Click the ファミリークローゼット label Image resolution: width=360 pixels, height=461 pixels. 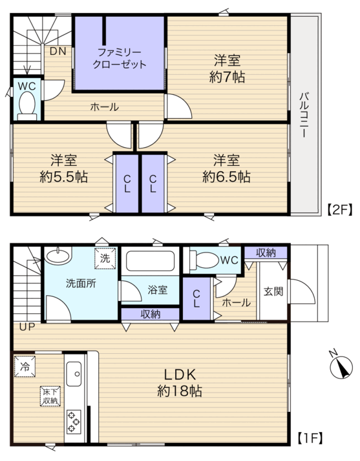119,59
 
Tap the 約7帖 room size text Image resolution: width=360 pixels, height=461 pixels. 227,77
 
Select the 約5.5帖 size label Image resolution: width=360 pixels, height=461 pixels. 63,177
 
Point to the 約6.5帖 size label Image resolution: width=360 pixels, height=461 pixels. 226,177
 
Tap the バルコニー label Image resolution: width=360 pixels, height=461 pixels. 304,115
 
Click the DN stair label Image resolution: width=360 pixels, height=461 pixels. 58,52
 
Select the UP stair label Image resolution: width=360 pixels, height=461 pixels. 27,327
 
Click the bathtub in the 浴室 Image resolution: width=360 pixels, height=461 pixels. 151,261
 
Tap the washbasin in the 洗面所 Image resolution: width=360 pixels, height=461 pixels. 58,255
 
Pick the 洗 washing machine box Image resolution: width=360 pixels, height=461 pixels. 105,258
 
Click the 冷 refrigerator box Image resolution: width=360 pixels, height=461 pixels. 25,366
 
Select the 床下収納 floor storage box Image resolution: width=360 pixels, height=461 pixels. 50,396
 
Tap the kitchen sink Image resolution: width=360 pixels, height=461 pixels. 74,374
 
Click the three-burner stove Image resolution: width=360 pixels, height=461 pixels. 74,422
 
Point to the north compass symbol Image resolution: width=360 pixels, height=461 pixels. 341,366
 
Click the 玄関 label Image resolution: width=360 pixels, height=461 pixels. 273,292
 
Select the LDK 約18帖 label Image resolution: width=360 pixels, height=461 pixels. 180,383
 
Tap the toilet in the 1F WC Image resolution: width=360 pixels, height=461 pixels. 204,260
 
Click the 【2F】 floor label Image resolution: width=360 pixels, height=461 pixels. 340,210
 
